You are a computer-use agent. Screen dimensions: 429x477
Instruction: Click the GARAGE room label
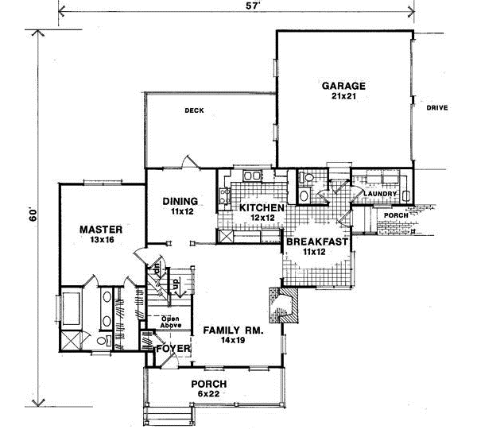point(343,85)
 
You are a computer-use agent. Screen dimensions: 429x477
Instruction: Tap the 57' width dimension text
point(236,7)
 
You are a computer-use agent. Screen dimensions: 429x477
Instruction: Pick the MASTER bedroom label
point(100,230)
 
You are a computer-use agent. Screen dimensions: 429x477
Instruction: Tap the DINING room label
point(180,201)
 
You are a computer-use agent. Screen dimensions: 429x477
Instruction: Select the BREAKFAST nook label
point(316,242)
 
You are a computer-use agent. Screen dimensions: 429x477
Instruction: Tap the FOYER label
point(172,348)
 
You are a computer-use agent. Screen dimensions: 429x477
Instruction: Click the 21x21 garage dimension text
point(343,97)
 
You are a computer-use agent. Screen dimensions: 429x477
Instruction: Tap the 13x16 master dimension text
point(100,241)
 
